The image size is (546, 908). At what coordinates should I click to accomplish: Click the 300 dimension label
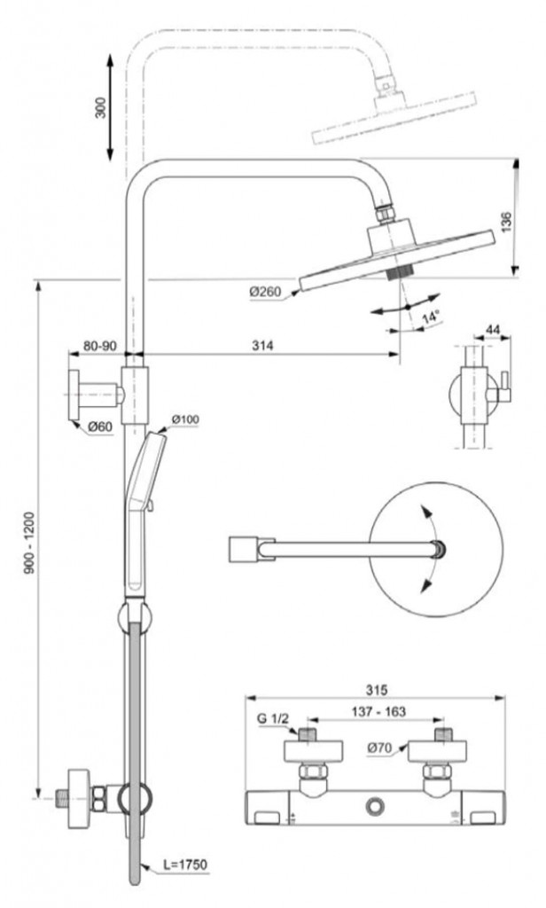point(101,107)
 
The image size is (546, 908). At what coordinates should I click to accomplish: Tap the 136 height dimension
point(507,223)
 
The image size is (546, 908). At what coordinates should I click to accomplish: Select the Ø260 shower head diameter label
point(265,292)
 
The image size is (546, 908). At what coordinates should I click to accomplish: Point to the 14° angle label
point(430,317)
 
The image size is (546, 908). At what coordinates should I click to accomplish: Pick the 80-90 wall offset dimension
point(99,346)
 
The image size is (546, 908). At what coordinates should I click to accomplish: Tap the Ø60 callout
point(99,427)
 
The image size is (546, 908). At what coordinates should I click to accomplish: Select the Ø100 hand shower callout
point(184,419)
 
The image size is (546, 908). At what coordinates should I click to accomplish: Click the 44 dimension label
point(493,330)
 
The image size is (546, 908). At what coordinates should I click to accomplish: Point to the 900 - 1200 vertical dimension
point(29,543)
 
